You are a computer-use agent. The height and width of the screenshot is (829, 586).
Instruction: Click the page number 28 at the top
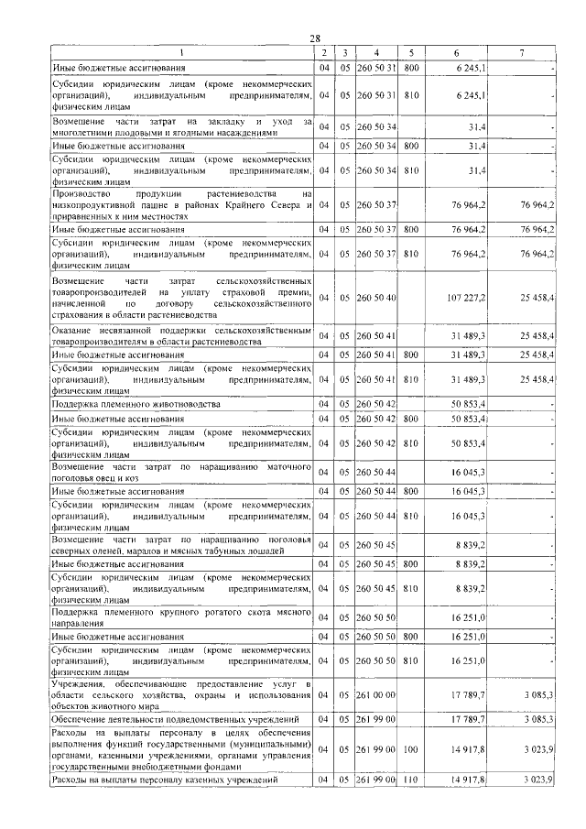pyautogui.click(x=315, y=38)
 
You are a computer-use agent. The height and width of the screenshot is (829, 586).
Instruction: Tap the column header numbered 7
pyautogui.click(x=520, y=52)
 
